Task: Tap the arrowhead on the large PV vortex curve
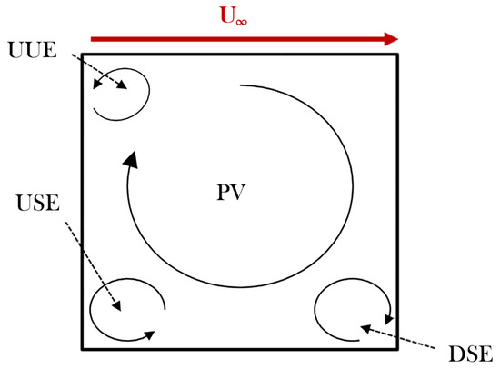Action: (x=132, y=161)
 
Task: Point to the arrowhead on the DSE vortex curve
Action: (x=389, y=318)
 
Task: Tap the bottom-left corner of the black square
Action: (x=83, y=348)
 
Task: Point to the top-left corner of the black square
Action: (x=83, y=55)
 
